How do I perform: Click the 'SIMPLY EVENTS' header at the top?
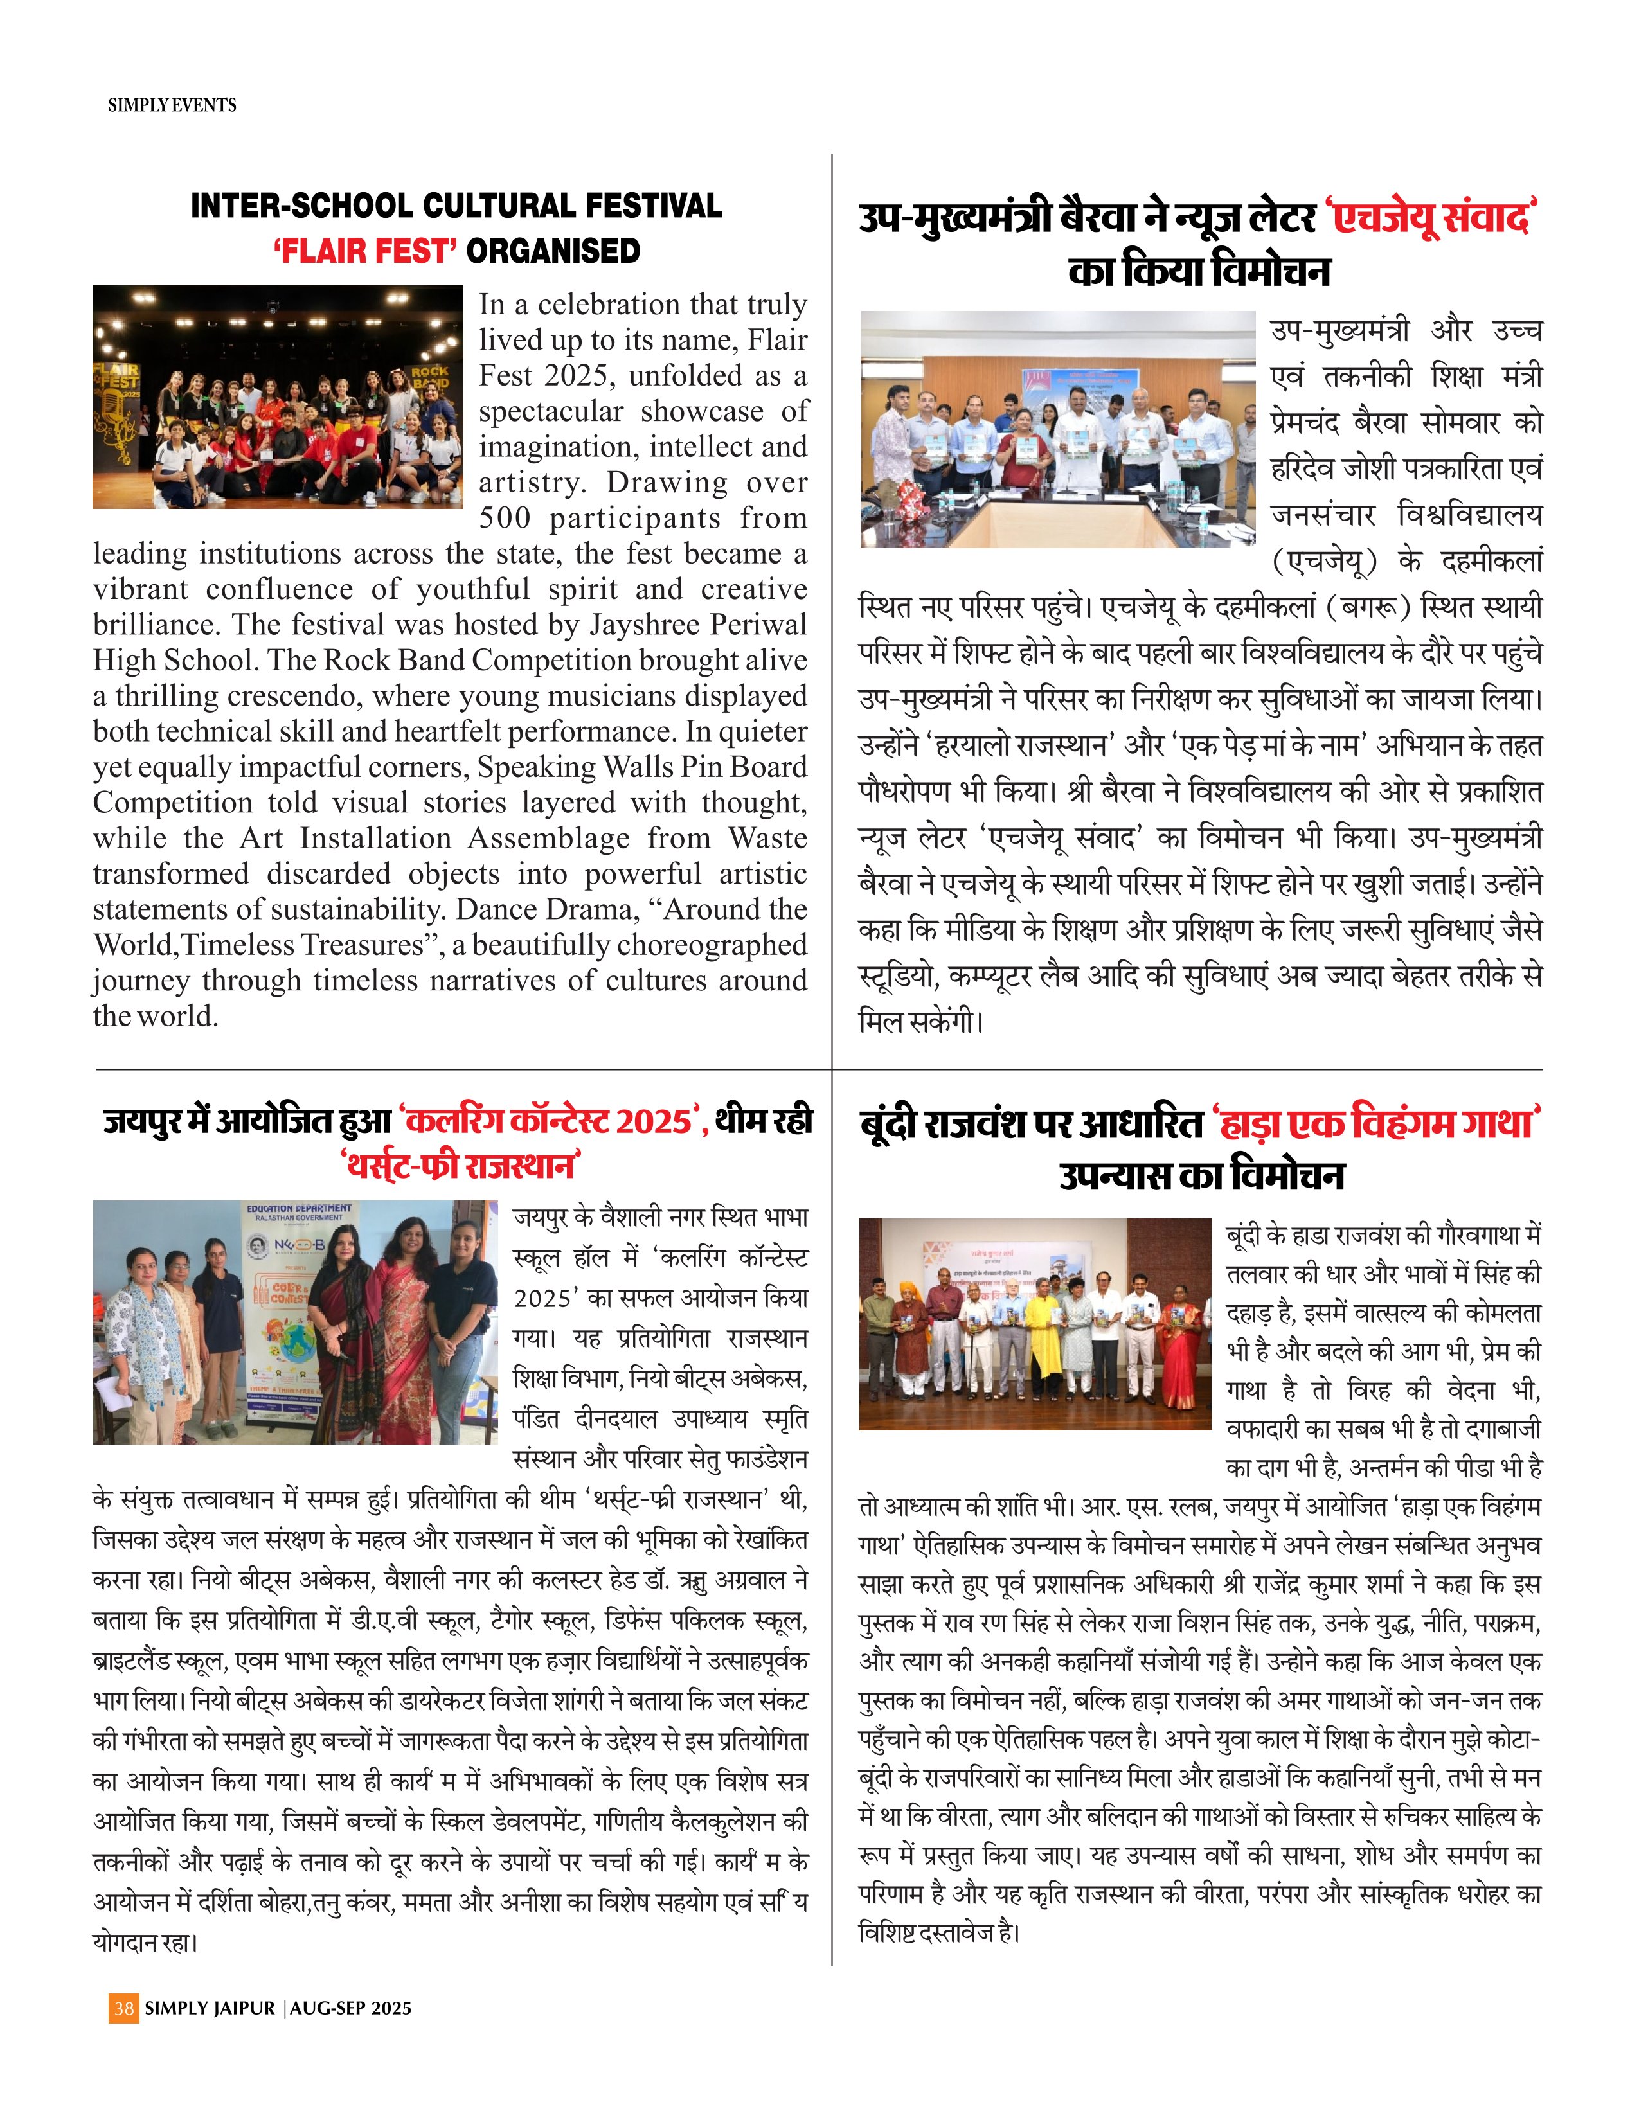(x=172, y=105)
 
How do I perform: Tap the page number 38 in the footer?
(x=123, y=2008)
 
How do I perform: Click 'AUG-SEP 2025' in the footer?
(x=350, y=2008)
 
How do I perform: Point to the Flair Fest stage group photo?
(x=278, y=397)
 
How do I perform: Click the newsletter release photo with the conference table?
(x=1057, y=429)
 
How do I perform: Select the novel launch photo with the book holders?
(x=1035, y=1323)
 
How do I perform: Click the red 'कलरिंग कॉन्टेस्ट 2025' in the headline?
(x=550, y=1122)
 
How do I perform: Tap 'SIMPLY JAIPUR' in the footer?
(x=210, y=2008)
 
